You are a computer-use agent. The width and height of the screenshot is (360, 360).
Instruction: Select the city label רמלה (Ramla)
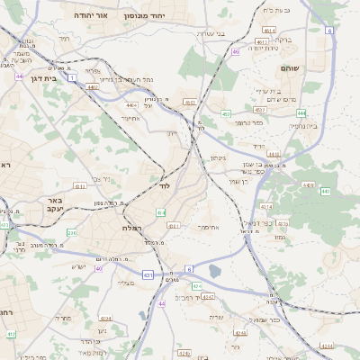(133, 228)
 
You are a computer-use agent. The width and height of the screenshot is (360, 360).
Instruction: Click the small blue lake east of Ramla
(214, 270)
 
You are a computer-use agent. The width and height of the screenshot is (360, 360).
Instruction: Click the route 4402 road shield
(94, 87)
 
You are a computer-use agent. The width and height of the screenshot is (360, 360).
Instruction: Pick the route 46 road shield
(236, 51)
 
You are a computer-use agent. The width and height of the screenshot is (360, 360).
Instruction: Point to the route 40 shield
(99, 268)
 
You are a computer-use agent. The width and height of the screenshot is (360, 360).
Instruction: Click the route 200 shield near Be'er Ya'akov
(71, 233)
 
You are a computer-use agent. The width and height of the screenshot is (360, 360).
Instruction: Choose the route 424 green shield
(196, 285)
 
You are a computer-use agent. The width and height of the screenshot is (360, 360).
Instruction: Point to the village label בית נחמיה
(301, 126)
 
